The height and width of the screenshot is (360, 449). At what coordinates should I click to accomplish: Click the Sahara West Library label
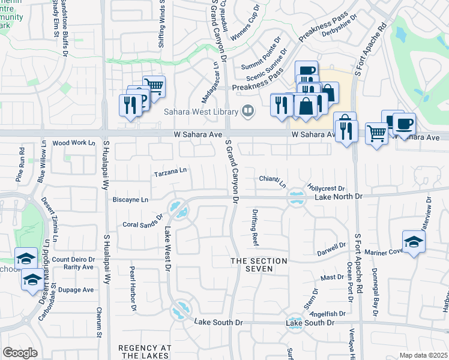200,112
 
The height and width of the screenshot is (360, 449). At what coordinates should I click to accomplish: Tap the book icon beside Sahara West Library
246,111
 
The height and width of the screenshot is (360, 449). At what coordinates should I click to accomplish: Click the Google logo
20,353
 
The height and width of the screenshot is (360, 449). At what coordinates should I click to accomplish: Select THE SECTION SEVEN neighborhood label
259,265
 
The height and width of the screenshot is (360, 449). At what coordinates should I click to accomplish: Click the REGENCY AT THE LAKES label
145,352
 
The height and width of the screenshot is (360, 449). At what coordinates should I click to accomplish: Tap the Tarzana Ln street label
170,172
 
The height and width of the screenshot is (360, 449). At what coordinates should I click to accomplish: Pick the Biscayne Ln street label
131,200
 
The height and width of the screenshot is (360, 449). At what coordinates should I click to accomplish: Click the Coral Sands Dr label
143,221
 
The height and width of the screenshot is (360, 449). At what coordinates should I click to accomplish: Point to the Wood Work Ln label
74,143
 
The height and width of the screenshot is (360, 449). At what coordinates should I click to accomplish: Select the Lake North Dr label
339,196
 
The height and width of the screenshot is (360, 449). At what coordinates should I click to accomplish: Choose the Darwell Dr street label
332,245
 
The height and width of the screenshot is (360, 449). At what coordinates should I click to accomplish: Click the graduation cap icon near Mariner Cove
414,242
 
